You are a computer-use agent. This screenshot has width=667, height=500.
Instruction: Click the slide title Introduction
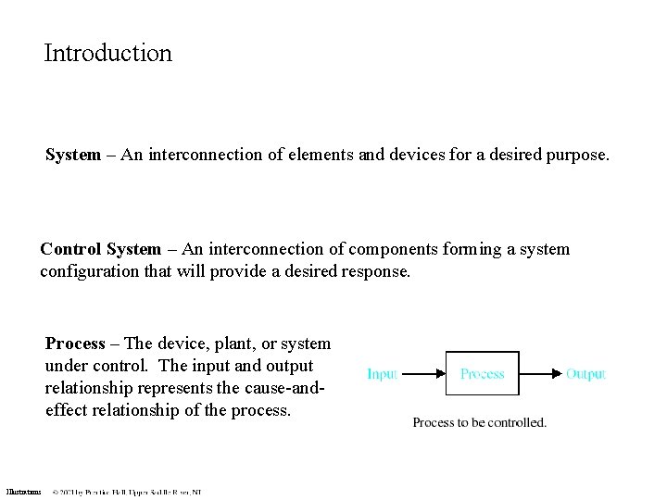click(107, 53)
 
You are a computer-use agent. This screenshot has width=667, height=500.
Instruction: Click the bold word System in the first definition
click(73, 156)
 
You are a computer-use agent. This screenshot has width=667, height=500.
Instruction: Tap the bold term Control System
click(99, 249)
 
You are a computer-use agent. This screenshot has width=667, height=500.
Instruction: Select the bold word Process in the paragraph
click(75, 344)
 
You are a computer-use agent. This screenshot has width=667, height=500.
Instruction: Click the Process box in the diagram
click(483, 374)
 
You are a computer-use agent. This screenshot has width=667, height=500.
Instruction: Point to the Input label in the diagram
click(382, 374)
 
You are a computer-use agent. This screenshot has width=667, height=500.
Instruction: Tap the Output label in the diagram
click(585, 374)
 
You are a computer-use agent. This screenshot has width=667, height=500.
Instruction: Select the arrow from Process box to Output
click(541, 374)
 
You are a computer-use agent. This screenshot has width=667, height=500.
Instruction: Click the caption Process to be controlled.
click(479, 422)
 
